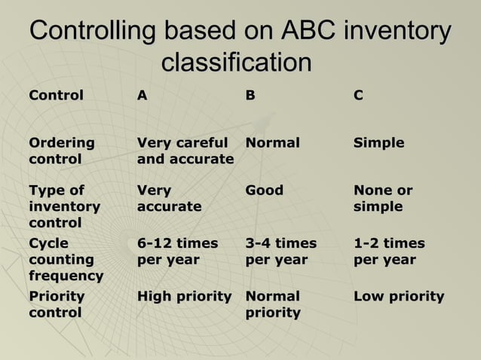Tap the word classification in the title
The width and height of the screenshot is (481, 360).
tap(237, 63)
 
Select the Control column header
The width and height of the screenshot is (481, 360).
tap(56, 96)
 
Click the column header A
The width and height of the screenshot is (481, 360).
tap(142, 96)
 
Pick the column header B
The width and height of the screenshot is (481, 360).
tap(250, 96)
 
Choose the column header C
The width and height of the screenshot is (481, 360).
tap(358, 96)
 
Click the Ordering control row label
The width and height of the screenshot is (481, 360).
tap(62, 151)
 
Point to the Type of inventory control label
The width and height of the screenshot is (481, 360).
tap(64, 206)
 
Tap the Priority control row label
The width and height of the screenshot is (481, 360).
tap(57, 304)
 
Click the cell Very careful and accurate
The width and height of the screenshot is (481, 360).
tap(185, 151)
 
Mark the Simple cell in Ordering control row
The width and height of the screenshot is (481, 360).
tap(378, 143)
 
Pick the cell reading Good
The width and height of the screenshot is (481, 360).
tap(265, 191)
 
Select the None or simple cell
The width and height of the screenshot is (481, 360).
tap(383, 198)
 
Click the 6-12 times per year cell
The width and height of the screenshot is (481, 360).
tap(177, 251)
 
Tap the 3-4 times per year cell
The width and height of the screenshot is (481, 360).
tap(281, 251)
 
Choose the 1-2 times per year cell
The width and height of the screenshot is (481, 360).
tap(389, 251)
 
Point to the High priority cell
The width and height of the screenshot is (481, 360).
tap(184, 296)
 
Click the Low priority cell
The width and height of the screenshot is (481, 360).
tap(399, 296)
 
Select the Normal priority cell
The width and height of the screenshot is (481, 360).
tap(273, 304)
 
